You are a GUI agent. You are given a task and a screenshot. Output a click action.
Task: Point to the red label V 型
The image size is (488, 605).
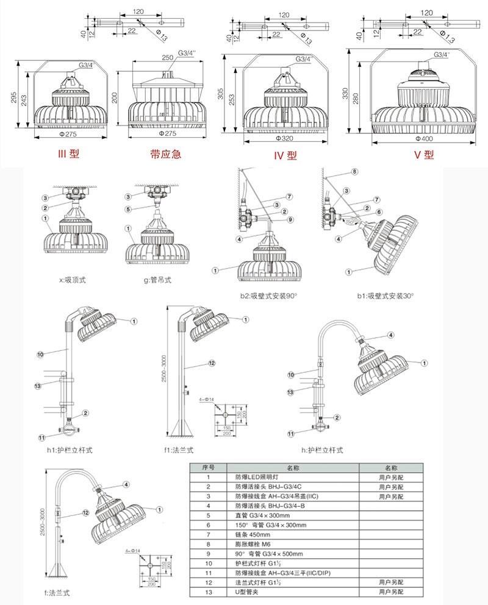(x=423, y=155)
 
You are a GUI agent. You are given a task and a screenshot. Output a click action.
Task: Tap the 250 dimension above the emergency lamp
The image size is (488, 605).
(x=167, y=57)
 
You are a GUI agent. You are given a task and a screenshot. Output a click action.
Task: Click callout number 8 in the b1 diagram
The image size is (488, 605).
(x=354, y=172)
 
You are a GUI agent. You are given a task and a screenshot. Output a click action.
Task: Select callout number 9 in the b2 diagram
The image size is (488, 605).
(x=291, y=219)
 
